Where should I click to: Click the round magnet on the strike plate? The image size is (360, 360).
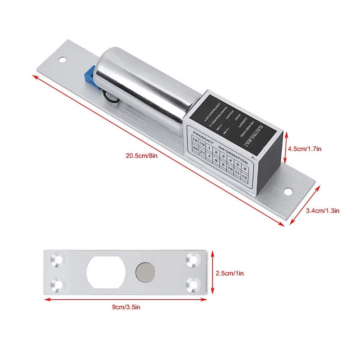[145, 273]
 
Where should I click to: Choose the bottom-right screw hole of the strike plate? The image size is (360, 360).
[193, 284]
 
